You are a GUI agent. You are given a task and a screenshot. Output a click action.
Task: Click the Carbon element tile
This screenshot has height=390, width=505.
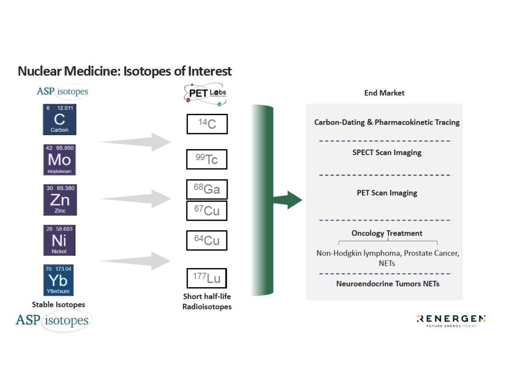(59, 119)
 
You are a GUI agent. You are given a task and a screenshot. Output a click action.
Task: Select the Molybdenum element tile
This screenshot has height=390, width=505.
(59, 160)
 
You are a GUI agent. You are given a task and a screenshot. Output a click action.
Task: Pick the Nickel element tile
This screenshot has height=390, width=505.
(59, 240)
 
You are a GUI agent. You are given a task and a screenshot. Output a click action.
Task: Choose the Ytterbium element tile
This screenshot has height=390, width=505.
(59, 280)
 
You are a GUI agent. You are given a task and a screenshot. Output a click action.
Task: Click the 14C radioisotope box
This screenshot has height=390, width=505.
(207, 124)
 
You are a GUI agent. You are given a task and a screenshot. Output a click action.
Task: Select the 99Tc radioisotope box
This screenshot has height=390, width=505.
(207, 159)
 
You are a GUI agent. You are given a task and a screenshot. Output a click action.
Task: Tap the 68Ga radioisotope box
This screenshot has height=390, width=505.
(207, 189)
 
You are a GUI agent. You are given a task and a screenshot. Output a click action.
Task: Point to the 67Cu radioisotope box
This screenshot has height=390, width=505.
(207, 211)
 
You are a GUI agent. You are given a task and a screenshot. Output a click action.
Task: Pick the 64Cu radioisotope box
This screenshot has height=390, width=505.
(207, 240)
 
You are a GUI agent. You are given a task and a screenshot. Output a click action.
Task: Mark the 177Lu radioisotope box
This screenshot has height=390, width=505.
(207, 278)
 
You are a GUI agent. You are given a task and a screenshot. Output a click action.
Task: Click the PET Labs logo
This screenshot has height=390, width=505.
(205, 94)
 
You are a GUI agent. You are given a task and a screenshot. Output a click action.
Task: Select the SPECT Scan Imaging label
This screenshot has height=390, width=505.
(387, 152)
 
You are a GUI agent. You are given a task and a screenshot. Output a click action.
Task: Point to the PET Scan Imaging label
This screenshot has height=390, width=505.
(387, 193)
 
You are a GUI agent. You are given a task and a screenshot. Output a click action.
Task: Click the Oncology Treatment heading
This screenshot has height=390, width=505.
(387, 233)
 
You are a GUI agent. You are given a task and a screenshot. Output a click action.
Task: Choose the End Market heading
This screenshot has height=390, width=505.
(384, 93)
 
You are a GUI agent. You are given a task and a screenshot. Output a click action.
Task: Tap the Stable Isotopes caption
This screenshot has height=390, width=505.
(58, 304)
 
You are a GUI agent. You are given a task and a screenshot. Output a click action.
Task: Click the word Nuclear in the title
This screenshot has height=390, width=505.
(39, 72)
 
